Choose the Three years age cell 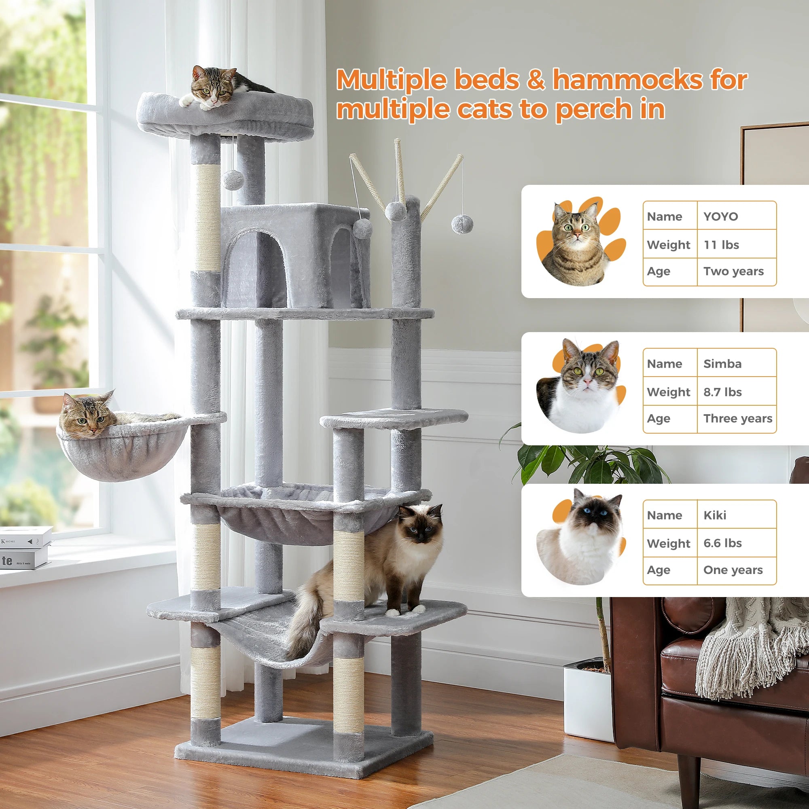pyautogui.click(x=737, y=418)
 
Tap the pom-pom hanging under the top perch pyautogui.click(x=233, y=180)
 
